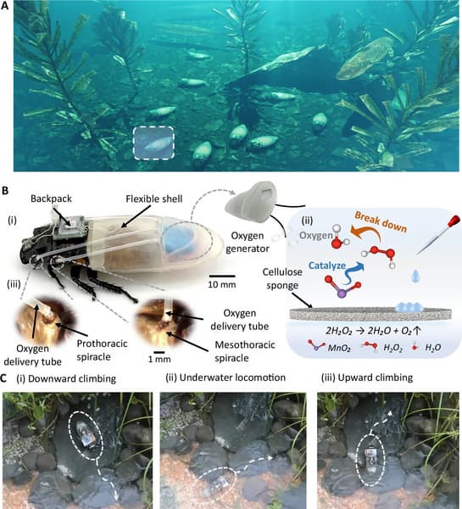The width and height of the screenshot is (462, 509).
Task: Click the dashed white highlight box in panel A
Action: click(x=133, y=143)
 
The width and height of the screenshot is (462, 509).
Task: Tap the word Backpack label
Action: click(x=51, y=199)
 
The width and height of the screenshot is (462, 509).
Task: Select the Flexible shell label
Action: click(x=154, y=199)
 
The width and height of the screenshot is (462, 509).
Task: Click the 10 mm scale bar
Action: click(x=222, y=276)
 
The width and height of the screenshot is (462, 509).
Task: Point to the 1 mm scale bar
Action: click(x=159, y=352)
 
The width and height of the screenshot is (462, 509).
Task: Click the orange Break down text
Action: click(x=381, y=221)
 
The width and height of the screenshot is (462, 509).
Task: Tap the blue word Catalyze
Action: click(x=327, y=266)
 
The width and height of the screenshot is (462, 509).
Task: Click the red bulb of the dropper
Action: click(x=454, y=221)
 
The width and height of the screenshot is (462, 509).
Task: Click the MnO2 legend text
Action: click(x=339, y=348)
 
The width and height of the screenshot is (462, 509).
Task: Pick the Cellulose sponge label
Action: click(x=282, y=278)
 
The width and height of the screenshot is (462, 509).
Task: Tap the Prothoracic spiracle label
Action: click(x=102, y=350)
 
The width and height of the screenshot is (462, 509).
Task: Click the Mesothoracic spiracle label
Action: click(x=245, y=351)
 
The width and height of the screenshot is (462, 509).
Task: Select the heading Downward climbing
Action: click(x=72, y=379)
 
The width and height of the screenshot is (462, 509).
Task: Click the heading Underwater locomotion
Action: click(x=232, y=378)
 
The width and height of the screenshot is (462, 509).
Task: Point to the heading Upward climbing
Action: click(x=376, y=378)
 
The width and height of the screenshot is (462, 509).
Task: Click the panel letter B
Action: click(x=4, y=190)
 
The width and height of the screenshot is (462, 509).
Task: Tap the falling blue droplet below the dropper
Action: click(x=415, y=276)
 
